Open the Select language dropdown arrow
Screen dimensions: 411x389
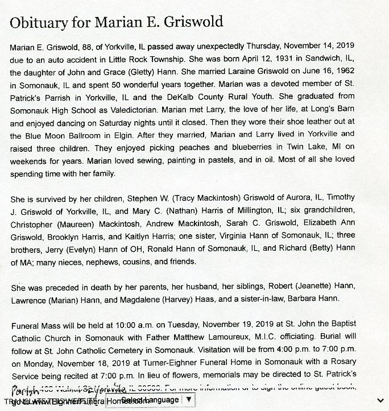click(189, 400)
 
